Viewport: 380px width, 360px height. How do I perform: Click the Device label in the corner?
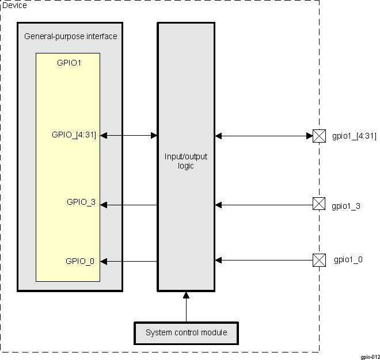[14, 5]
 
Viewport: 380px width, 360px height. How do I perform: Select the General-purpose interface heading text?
[71, 36]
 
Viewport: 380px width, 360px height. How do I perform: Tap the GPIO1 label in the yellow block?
[69, 63]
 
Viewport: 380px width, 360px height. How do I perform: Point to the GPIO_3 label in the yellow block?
[81, 202]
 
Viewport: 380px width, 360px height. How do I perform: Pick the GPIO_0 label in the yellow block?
[81, 261]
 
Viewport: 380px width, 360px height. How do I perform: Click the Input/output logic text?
[186, 162]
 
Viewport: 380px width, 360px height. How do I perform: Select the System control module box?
[186, 332]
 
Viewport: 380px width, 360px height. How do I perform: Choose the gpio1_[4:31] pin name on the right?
[354, 136]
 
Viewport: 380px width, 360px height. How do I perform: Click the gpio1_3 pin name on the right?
[347, 205]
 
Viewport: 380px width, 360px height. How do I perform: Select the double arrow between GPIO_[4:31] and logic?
[129, 136]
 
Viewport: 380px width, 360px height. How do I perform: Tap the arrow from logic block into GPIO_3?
[129, 205]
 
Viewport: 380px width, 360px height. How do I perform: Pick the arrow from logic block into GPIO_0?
[129, 262]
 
